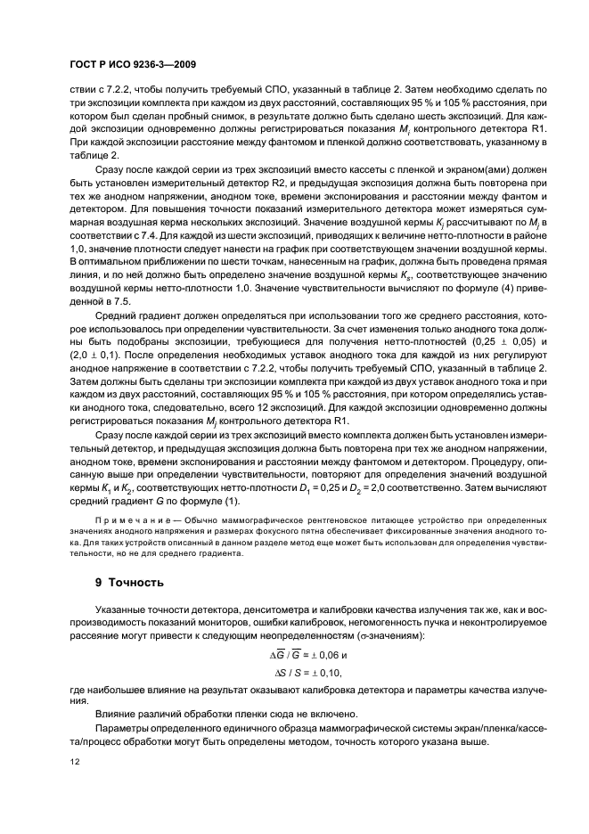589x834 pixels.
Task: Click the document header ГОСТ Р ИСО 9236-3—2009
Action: [133, 66]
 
